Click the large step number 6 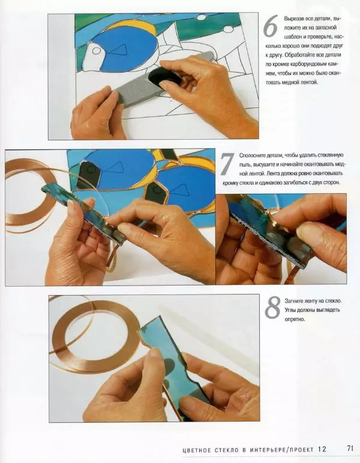click(271, 26)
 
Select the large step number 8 click(272, 308)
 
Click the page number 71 click(350, 448)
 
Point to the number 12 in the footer click(322, 449)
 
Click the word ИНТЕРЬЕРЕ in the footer click(268, 450)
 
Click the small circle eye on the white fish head click(96, 51)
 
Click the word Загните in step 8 click(292, 301)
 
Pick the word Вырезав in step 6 click(292, 19)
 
